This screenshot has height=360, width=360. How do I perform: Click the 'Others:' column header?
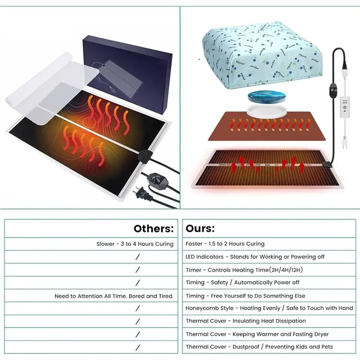click(153, 229)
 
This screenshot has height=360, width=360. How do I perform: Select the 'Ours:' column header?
click(200, 229)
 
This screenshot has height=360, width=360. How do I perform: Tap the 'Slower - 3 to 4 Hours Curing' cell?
click(135, 244)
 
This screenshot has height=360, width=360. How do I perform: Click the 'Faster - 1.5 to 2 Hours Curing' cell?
click(225, 243)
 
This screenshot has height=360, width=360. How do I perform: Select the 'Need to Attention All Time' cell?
click(114, 296)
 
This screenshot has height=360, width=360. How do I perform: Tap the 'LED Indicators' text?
click(205, 256)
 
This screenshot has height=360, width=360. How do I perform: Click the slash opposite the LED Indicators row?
click(138, 257)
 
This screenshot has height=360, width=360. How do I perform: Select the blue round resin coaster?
click(266, 98)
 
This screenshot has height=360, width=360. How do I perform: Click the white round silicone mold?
click(266, 112)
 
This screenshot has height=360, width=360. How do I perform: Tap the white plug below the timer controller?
click(344, 142)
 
